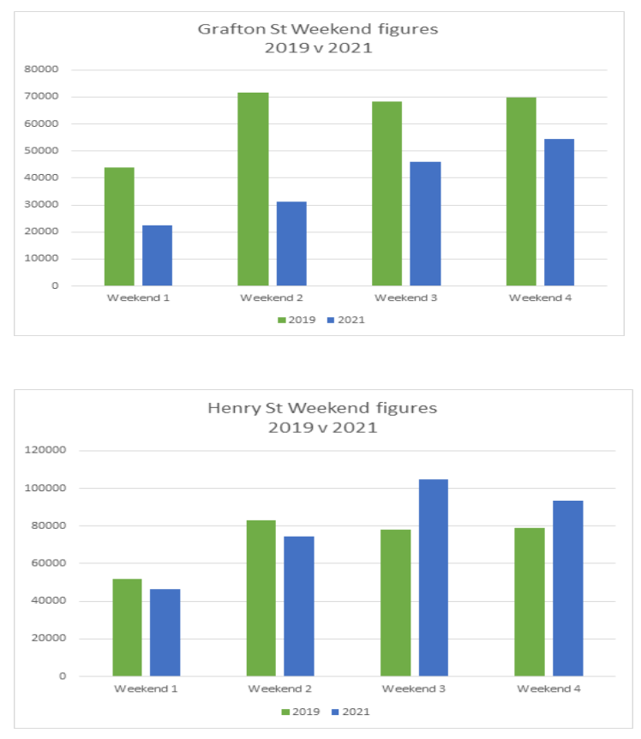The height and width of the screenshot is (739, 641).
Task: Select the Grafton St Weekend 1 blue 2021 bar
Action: pos(157,255)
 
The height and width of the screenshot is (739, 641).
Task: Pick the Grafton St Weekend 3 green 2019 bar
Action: pos(386,193)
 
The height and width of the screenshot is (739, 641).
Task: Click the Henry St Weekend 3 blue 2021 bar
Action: pos(433,577)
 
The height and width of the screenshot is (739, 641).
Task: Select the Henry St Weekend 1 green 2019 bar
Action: pos(127,627)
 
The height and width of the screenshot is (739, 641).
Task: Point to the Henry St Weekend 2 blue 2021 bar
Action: pos(299,605)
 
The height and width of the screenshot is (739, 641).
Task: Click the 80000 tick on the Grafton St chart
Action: pos(43,69)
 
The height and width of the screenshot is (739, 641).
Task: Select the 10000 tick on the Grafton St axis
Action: pos(43,259)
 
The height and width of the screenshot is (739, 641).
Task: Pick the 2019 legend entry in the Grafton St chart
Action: pos(297,320)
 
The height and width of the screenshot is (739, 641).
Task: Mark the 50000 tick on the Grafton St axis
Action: pos(43,151)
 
